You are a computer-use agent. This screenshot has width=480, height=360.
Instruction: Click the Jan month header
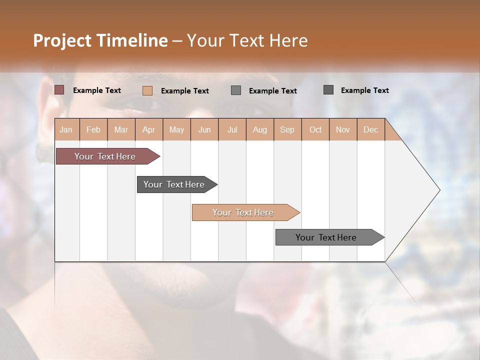point(66,129)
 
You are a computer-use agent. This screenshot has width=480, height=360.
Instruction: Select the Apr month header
point(148,129)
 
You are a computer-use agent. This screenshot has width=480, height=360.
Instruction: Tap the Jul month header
point(232,129)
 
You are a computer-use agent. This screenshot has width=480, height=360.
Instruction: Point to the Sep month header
point(287,129)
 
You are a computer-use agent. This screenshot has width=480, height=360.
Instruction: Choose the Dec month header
point(370,129)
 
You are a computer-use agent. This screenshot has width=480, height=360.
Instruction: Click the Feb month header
point(93,129)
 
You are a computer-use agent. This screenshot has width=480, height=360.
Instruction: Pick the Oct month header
point(315,129)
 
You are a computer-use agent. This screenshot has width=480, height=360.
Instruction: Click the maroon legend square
point(59,90)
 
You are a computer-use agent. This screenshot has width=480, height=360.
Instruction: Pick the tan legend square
point(147,90)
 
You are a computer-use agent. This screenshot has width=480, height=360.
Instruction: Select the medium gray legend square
point(236,90)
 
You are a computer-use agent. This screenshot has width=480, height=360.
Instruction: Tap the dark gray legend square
point(328,89)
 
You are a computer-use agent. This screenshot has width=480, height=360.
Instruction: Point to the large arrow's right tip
point(439,190)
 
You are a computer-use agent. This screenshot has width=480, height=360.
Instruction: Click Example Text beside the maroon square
point(97,90)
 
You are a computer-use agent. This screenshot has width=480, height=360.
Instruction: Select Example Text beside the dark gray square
point(364,90)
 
